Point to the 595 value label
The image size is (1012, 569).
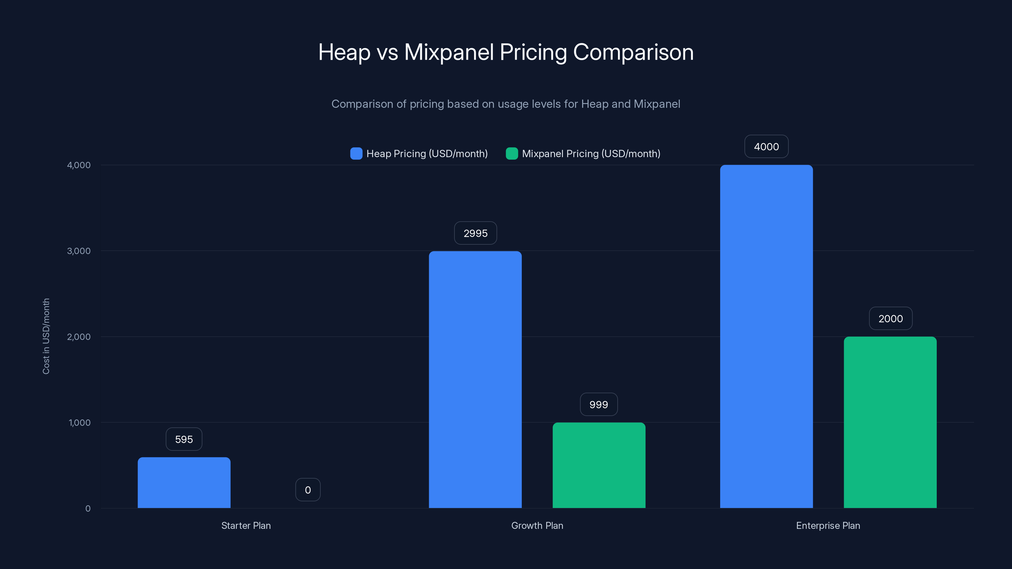pyautogui.click(x=184, y=439)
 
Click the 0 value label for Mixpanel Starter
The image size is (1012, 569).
pyautogui.click(x=308, y=490)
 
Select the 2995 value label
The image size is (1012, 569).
pyautogui.click(x=475, y=233)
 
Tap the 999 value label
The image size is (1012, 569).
pyautogui.click(x=599, y=405)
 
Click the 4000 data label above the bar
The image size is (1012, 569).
pyautogui.click(x=766, y=146)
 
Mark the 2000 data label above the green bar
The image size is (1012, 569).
pyautogui.click(x=890, y=318)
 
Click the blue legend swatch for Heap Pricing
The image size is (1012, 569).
pyautogui.click(x=356, y=154)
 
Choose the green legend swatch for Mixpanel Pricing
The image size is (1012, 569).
pyautogui.click(x=511, y=154)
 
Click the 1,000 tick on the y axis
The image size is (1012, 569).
pyautogui.click(x=79, y=423)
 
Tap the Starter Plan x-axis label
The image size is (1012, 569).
pyautogui.click(x=246, y=525)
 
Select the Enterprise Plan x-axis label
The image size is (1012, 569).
pyautogui.click(x=828, y=525)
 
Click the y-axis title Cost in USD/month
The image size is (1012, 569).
pyautogui.click(x=46, y=336)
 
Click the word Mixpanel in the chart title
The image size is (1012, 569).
pyautogui.click(x=449, y=52)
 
